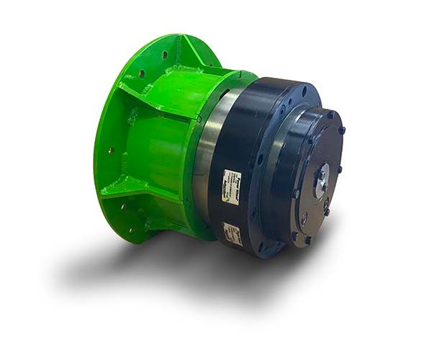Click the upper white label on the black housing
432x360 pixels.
pos(231,178)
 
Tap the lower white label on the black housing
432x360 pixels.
pos(232,233)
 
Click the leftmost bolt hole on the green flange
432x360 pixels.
pos(109,150)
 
